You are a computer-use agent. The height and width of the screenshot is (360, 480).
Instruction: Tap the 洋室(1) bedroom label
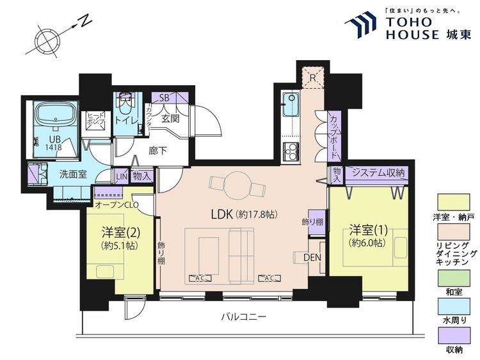(367, 228)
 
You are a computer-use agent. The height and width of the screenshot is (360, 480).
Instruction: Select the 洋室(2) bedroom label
(116, 231)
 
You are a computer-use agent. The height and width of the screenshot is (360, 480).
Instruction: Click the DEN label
(312, 257)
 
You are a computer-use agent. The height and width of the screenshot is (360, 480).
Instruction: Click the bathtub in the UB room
(56, 116)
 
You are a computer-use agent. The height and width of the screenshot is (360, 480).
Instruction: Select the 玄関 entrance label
(170, 118)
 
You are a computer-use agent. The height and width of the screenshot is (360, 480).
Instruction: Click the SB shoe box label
(163, 98)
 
